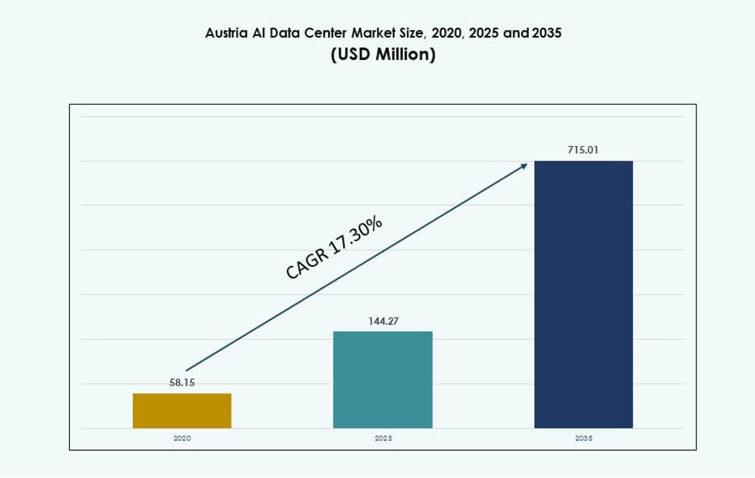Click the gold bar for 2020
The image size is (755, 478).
tap(182, 410)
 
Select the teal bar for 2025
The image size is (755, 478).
tap(383, 380)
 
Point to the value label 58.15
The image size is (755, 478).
tap(182, 383)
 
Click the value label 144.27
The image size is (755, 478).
tap(383, 320)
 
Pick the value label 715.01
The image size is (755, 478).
tap(583, 151)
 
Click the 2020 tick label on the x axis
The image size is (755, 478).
tap(182, 438)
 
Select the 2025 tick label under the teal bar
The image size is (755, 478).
tap(383, 438)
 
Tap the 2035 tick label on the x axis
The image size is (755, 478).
tap(584, 438)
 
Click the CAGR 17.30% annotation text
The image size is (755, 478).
tap(334, 248)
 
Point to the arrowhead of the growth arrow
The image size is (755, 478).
tap(524, 164)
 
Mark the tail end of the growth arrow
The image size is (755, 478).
tap(188, 370)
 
